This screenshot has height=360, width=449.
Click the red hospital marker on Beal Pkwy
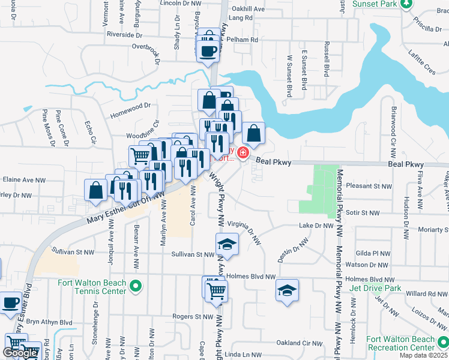[x=243, y=154]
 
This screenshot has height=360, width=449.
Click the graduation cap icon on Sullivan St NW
[x=227, y=244]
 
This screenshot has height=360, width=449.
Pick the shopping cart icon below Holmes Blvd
[x=216, y=291]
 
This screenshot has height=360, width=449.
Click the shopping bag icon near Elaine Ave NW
[x=96, y=190]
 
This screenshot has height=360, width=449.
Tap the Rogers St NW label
[x=193, y=316]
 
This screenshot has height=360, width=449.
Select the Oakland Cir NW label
[x=300, y=343]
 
